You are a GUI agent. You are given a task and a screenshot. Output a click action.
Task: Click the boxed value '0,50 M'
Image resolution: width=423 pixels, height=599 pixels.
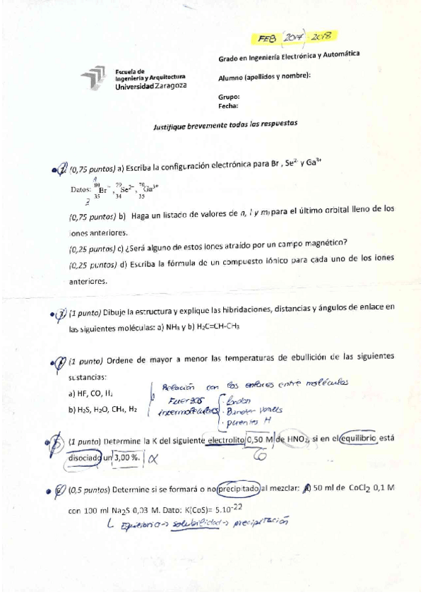(x=258, y=441)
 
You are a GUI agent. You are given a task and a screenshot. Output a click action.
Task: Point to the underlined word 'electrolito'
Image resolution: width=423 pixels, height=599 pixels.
(x=223, y=441)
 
